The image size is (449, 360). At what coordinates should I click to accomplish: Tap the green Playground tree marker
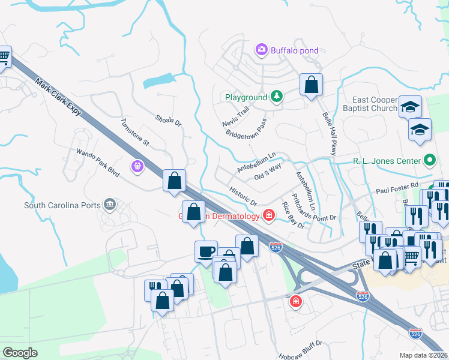pos(276,97)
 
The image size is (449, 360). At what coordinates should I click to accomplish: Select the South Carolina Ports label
pos(62,205)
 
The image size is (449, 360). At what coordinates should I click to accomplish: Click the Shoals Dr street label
pos(168,121)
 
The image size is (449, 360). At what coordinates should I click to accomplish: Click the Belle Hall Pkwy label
pos(329,133)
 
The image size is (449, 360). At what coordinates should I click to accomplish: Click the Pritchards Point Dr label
pos(314,207)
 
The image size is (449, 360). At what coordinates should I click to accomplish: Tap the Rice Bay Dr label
pos(293,215)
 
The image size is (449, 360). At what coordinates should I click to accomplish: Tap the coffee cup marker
pos(206,251)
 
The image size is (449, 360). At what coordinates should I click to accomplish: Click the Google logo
pos(20,352)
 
